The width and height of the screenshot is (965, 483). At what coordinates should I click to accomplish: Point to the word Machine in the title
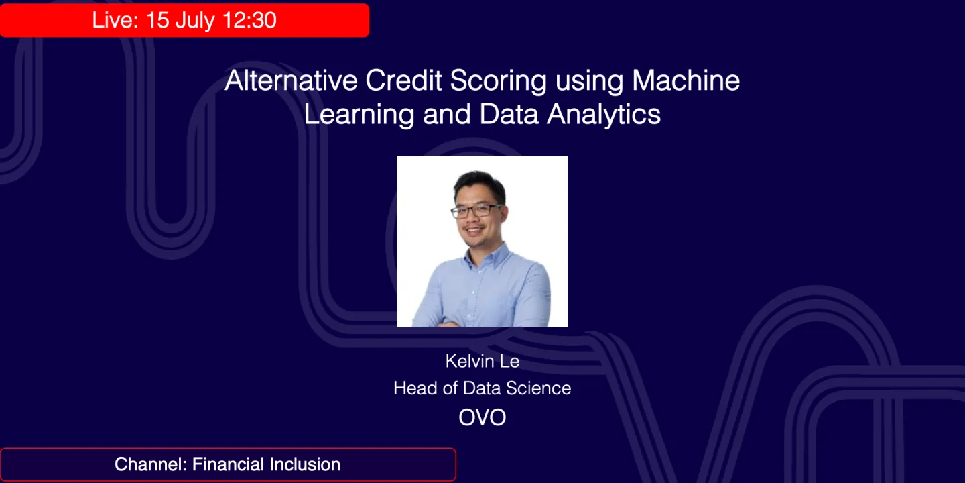(686, 81)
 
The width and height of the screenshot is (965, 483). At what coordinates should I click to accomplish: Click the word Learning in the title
(359, 115)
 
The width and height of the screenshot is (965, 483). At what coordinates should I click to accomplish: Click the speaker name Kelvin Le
(482, 362)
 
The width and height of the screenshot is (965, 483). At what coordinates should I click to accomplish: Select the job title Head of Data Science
(482, 388)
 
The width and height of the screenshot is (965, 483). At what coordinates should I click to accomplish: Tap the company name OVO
(482, 417)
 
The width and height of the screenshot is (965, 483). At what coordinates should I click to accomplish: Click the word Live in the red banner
(113, 20)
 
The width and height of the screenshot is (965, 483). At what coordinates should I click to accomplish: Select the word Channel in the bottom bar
(151, 464)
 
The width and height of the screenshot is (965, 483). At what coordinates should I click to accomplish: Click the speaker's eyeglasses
(476, 211)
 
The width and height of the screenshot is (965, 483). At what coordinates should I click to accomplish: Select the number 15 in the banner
(157, 20)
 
